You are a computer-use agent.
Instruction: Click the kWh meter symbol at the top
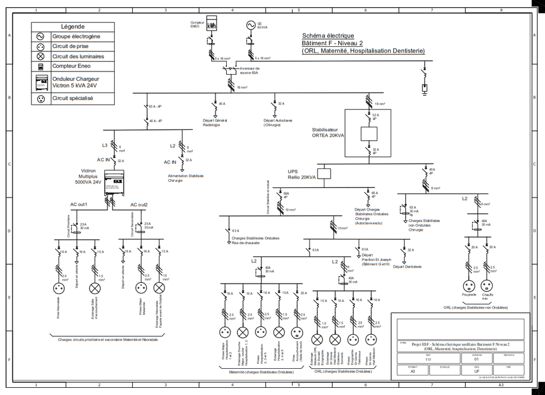pyautogui.click(x=212, y=26)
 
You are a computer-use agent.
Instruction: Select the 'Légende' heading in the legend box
pyautogui.click(x=72, y=26)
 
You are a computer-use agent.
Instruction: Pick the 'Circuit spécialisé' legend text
pyautogui.click(x=72, y=98)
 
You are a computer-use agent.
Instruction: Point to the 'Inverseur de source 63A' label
pyautogui.click(x=250, y=70)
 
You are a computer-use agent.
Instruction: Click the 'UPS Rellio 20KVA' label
pyautogui.click(x=301, y=174)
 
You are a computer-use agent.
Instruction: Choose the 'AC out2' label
pyautogui.click(x=139, y=205)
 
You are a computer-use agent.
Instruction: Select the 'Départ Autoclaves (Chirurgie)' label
pyautogui.click(x=277, y=122)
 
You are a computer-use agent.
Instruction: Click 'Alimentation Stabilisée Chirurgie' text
pyautogui.click(x=186, y=178)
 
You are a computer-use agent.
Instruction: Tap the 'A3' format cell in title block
pyautogui.click(x=413, y=370)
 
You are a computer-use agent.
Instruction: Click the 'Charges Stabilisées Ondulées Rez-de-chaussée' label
pyautogui.click(x=255, y=240)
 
